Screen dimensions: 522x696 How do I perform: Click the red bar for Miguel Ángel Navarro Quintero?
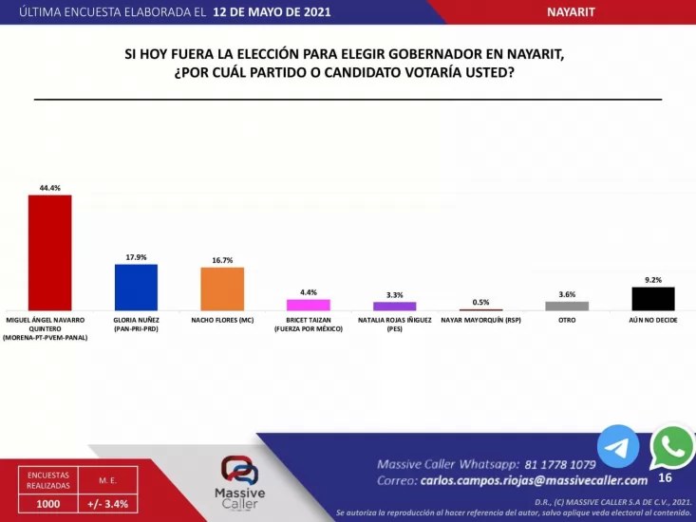click(49, 252)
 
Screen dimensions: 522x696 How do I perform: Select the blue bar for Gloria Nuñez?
click(136, 287)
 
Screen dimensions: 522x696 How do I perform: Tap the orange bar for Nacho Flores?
click(222, 289)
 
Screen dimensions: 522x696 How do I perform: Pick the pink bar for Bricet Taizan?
click(309, 305)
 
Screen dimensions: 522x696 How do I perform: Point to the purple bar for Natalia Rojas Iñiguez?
click(394, 306)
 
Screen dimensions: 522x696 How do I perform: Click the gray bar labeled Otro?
click(567, 306)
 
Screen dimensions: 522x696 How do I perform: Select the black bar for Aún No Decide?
click(653, 298)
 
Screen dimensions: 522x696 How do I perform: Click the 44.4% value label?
click(49, 188)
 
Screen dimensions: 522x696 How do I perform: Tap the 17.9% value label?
click(136, 257)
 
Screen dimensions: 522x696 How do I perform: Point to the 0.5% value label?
click(480, 302)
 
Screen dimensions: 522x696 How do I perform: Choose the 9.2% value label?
click(653, 280)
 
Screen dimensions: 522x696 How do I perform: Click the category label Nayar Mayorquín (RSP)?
click(480, 320)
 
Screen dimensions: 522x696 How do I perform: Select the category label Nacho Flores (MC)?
click(222, 320)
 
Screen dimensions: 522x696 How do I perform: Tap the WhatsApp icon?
click(672, 446)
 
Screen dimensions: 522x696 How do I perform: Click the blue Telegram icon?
click(618, 446)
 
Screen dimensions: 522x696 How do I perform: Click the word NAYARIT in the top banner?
click(571, 11)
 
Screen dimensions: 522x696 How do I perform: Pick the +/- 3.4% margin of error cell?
click(108, 503)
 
